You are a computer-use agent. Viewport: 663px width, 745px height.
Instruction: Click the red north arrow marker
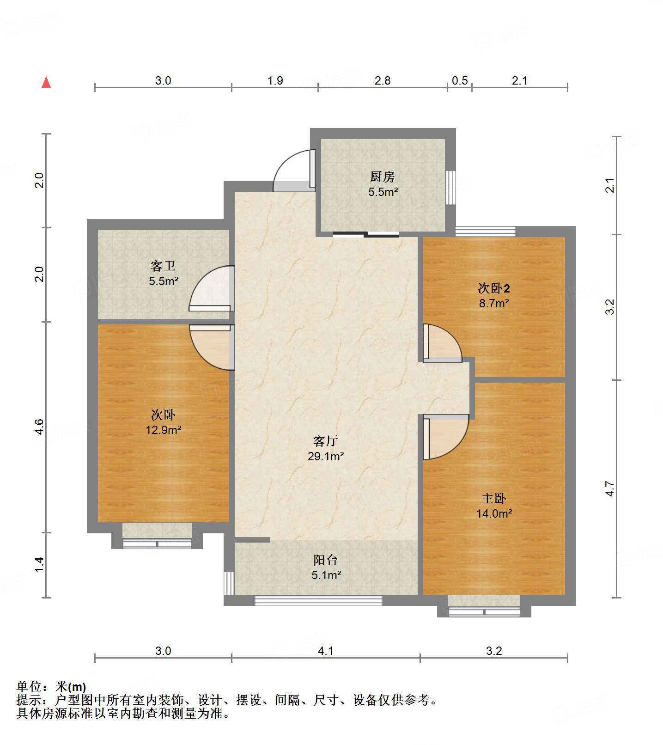[46, 82]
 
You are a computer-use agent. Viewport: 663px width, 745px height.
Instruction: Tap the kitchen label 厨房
[383, 177]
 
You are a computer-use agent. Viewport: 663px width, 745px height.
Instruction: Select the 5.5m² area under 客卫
[164, 281]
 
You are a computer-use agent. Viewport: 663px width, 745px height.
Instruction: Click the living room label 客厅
[325, 441]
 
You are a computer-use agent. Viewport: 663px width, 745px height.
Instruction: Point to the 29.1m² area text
[326, 457]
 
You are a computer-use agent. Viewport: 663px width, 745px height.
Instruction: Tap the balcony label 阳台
[326, 560]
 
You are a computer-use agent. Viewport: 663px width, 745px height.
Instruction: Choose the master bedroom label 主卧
[494, 498]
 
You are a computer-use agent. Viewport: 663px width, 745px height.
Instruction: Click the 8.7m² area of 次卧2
[494, 304]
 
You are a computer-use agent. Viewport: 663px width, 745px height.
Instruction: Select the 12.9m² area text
[164, 430]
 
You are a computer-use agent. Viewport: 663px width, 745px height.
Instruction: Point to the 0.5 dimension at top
[460, 81]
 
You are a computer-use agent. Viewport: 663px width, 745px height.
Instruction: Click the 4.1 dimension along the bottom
[326, 651]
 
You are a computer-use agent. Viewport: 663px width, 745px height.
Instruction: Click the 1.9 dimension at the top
[275, 81]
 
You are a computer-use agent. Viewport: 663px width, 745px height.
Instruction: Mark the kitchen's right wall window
[450, 188]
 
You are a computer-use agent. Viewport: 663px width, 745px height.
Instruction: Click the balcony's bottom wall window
[318, 600]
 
